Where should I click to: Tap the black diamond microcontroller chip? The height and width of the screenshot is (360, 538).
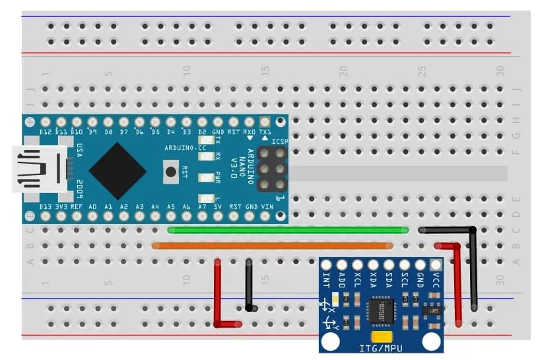click(118, 170)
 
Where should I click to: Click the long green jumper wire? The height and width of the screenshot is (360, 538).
click(288, 230)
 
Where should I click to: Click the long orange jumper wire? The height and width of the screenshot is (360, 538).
click(273, 246)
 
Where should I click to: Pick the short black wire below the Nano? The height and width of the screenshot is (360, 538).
click(250, 284)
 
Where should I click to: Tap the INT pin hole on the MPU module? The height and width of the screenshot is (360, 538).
click(326, 264)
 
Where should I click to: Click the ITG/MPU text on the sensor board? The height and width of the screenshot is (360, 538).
click(382, 347)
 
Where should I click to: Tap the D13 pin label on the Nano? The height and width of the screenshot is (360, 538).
click(46, 207)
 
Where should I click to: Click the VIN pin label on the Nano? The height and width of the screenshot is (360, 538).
click(267, 207)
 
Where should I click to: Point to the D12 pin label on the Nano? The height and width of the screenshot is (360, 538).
click(46, 132)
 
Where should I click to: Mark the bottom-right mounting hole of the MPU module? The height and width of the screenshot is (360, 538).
click(432, 341)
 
